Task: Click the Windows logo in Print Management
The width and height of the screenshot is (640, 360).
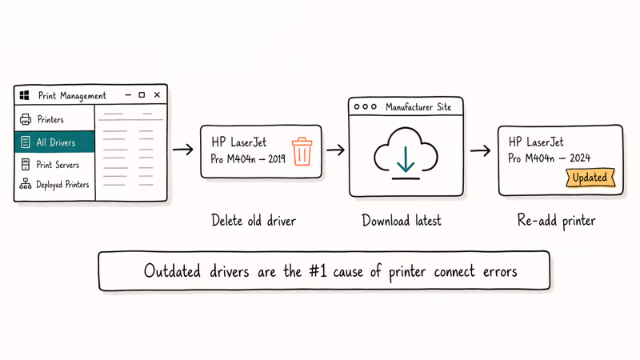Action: pos(24,95)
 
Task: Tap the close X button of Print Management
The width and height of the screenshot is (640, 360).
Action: pos(157,94)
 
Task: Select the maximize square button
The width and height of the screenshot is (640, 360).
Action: pos(142,94)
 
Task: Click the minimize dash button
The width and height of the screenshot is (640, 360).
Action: pos(128,94)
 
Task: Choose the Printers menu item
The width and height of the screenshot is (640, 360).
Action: pos(42,119)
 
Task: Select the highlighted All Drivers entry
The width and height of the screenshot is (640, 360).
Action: pos(54,142)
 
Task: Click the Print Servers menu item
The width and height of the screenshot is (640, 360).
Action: pos(50,165)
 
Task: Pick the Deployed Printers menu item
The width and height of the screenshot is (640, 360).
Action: pos(54,185)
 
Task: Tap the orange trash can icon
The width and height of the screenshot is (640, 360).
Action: pos(302,151)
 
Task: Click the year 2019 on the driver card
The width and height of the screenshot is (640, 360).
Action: pos(277,158)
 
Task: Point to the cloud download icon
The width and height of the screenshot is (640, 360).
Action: pos(406,154)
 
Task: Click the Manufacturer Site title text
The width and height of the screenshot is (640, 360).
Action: pos(418,107)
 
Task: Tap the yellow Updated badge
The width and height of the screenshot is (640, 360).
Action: pos(590,178)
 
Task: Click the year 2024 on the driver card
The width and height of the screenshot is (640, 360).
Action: pos(580,158)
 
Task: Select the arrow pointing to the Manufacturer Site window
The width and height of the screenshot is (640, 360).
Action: pos(335,150)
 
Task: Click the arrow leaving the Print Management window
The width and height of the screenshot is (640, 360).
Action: pos(183,150)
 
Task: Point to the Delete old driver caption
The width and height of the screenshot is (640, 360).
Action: pos(254,221)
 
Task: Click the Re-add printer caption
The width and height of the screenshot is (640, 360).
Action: pos(556,221)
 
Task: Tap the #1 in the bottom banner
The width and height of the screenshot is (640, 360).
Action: pos(318,271)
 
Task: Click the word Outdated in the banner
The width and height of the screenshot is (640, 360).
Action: pos(172,271)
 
